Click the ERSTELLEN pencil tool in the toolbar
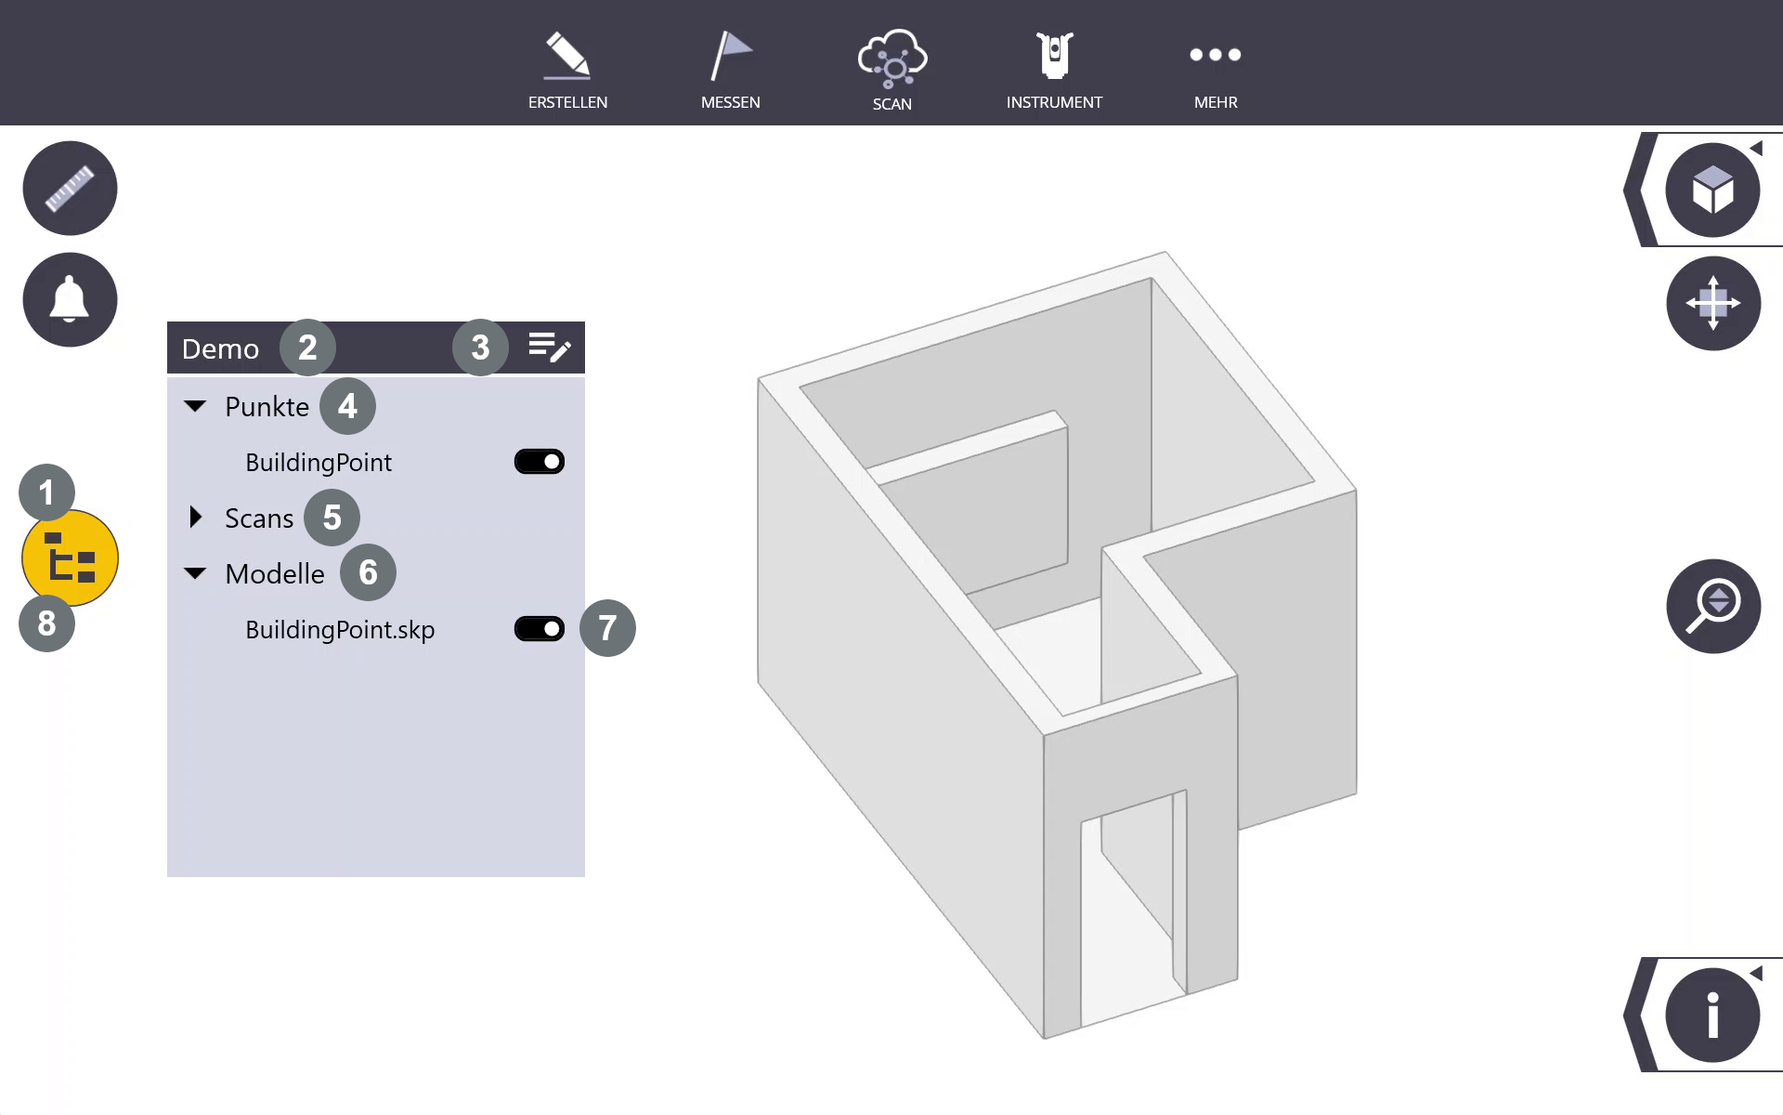click(x=567, y=56)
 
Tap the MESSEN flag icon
click(x=730, y=56)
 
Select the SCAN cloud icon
click(x=891, y=59)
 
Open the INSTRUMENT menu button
click(x=1054, y=56)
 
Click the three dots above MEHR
click(x=1216, y=55)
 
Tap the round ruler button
click(x=70, y=189)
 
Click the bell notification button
click(x=70, y=300)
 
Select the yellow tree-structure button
click(x=70, y=558)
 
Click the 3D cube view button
click(x=1713, y=190)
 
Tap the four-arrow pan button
click(x=1713, y=303)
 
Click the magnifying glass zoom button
click(x=1713, y=607)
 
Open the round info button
click(x=1713, y=1015)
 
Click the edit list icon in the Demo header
click(x=550, y=348)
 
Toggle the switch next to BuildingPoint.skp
click(x=540, y=629)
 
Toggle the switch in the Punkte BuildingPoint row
click(x=540, y=462)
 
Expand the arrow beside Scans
click(x=195, y=518)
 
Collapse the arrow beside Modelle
click(x=195, y=573)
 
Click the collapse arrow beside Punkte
click(x=195, y=406)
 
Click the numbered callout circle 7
click(x=607, y=628)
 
